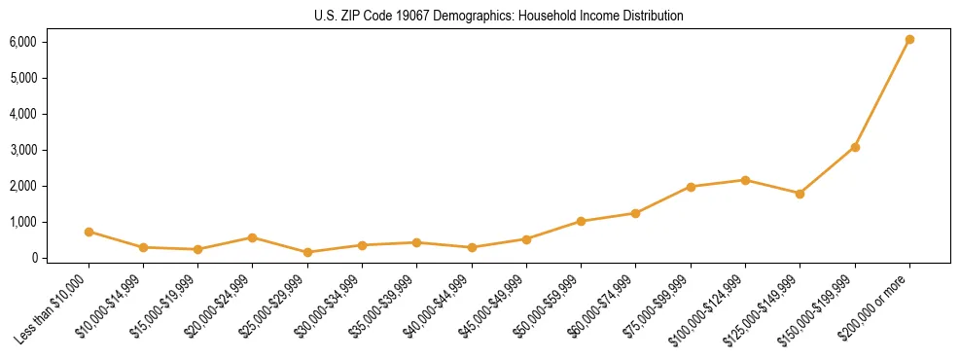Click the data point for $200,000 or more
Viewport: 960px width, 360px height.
(x=909, y=40)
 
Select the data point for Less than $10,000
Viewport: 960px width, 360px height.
(x=89, y=232)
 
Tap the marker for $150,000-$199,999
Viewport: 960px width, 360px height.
(x=855, y=147)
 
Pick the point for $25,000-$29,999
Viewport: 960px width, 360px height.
(x=307, y=252)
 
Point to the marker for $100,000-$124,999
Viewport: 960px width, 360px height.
(x=745, y=180)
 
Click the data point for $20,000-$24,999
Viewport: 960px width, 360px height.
(x=252, y=237)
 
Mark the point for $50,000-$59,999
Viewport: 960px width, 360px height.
(x=581, y=221)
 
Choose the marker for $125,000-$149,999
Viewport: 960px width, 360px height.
(x=800, y=194)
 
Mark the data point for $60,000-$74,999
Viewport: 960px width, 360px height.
(x=635, y=213)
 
